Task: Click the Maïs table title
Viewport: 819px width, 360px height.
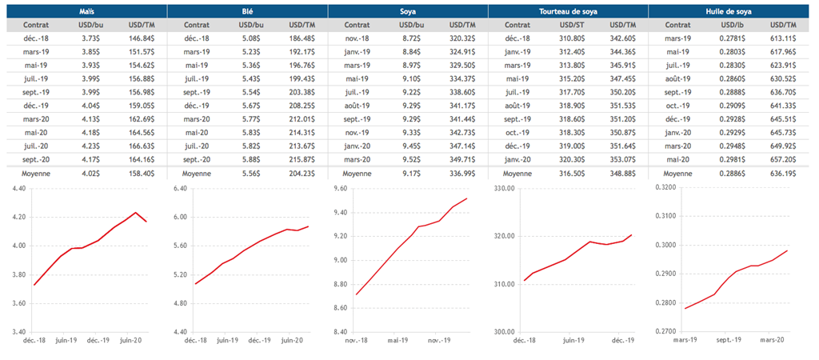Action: tap(86, 11)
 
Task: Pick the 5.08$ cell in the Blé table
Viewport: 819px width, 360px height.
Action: tap(250, 38)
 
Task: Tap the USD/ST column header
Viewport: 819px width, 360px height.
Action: tap(570, 25)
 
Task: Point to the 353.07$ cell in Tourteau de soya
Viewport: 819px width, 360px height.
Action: tap(621, 159)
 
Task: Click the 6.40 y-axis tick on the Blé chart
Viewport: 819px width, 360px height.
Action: tap(179, 189)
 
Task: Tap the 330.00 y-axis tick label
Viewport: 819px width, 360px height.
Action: tap(505, 189)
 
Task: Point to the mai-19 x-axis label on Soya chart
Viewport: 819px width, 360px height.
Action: tap(401, 339)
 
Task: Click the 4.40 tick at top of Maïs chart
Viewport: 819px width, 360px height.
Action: tap(17, 189)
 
